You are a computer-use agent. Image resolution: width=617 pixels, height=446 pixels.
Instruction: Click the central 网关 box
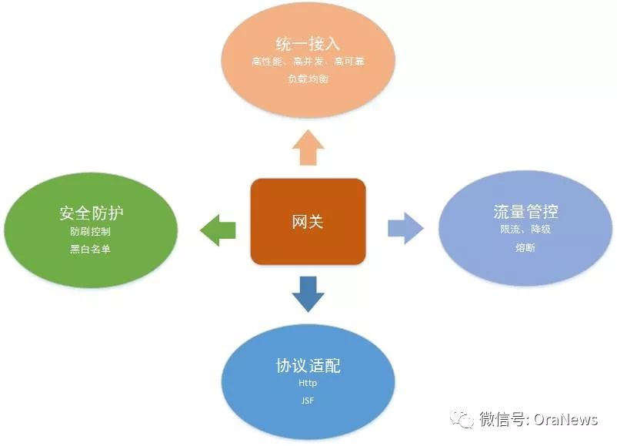[308, 222]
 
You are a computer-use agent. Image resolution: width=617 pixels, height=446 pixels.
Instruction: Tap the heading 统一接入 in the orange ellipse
[308, 42]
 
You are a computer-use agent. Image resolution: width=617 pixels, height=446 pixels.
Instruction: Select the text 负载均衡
[308, 79]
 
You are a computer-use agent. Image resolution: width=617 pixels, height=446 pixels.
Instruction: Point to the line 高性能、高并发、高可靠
[308, 62]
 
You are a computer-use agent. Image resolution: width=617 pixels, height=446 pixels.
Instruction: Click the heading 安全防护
[91, 213]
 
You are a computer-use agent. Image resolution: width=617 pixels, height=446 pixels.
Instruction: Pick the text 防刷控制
[91, 231]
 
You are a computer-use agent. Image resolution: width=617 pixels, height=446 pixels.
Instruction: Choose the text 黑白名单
[91, 249]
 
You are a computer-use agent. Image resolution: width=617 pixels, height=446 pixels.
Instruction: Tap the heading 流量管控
[525, 211]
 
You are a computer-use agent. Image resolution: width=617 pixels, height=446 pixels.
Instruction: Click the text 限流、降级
[525, 230]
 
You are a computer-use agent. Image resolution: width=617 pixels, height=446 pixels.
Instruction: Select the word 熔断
[525, 248]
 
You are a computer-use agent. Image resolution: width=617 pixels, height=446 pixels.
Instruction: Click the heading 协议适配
[308, 365]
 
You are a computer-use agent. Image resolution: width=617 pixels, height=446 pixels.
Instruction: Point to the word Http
[308, 383]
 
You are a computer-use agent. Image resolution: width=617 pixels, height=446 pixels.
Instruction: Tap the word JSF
[308, 401]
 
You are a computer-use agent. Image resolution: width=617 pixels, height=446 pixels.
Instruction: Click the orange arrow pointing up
[308, 147]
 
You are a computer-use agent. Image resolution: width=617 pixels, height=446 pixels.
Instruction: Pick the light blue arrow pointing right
[405, 227]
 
